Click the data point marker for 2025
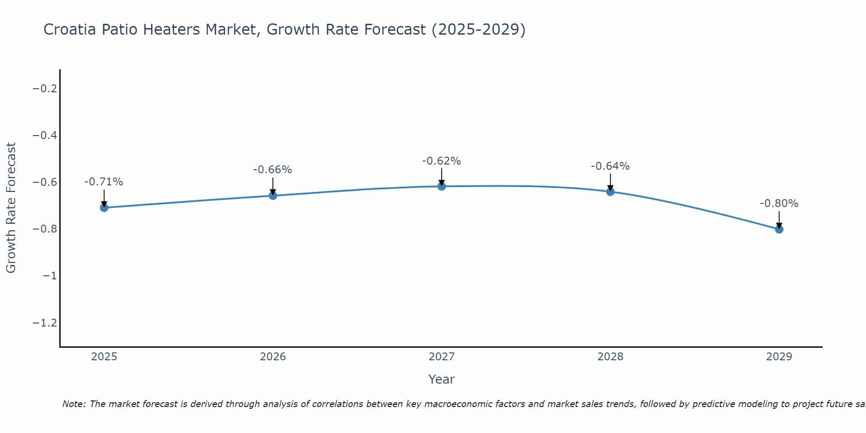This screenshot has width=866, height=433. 104,208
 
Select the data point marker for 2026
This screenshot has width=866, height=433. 273,196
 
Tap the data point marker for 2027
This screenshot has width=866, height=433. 442,186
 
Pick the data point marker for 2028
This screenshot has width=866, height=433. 611,191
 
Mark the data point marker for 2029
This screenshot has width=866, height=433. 779,229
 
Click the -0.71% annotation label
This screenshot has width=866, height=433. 103,182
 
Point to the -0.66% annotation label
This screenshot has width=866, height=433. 272,170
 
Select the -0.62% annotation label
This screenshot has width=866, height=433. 441,161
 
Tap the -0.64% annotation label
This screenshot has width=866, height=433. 610,166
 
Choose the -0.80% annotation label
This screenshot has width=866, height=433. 779,204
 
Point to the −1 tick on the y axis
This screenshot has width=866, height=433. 50,276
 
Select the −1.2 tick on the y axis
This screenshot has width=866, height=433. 45,323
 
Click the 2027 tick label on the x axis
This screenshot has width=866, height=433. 442,357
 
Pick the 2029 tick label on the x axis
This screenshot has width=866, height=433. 779,357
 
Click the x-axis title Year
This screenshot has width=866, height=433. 441,379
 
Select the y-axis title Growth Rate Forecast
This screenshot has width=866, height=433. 11,208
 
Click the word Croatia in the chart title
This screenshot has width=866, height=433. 70,29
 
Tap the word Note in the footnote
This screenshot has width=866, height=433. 74,404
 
